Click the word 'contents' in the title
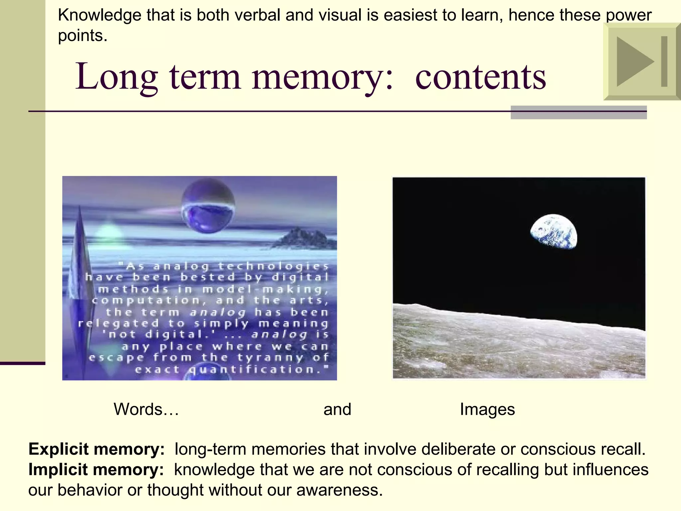pos(480,77)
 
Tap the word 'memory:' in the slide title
pos(323,77)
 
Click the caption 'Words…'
pos(146,409)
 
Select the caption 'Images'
pos(487,409)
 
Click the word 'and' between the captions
pos(337,409)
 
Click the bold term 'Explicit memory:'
pos(96,449)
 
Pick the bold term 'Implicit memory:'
pos(96,470)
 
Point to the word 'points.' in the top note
pos(82,36)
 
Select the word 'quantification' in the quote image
pos(254,369)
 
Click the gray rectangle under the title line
pos(579,112)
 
